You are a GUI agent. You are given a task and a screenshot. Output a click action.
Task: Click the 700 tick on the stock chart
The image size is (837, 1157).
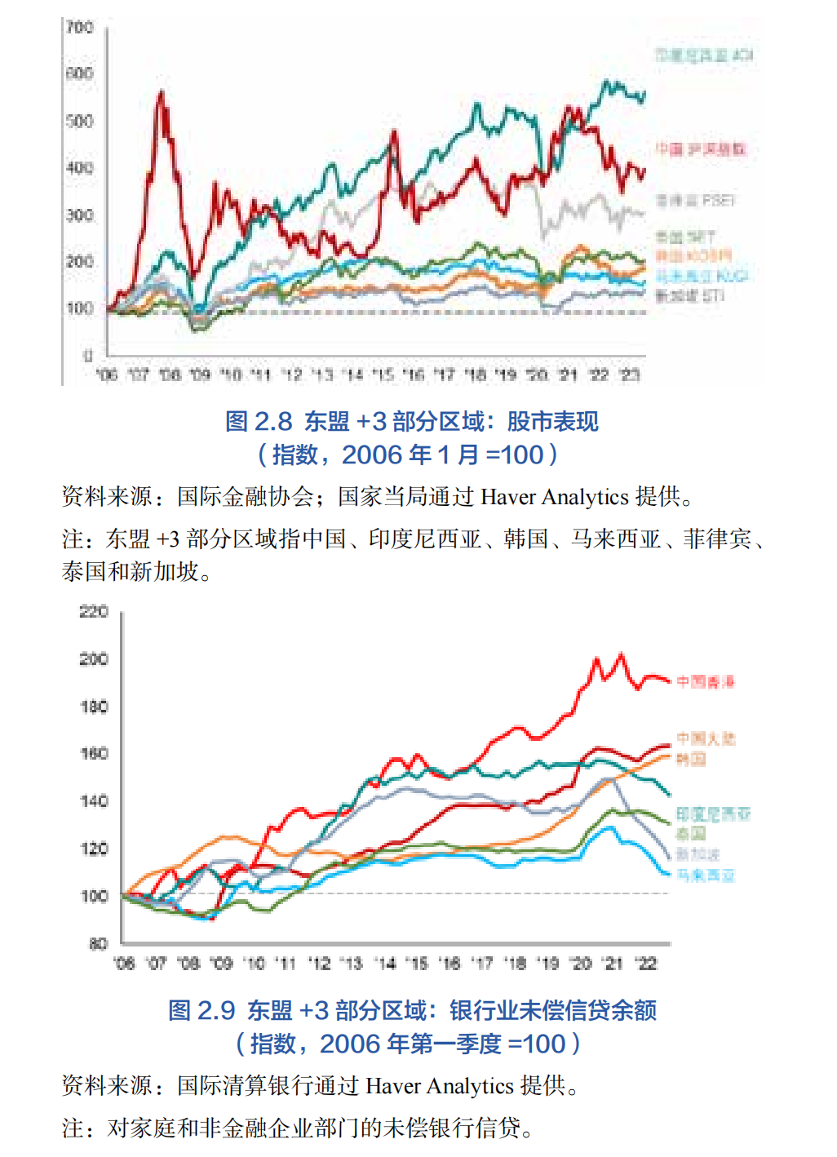(x=80, y=28)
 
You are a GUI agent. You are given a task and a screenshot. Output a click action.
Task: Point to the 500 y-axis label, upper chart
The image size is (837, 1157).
(x=80, y=122)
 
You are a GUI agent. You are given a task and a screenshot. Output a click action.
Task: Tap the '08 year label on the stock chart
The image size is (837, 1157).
(x=170, y=375)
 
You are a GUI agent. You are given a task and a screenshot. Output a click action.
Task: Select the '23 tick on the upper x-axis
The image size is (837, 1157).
(x=629, y=375)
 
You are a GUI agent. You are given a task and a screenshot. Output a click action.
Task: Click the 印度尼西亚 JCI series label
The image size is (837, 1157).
(x=703, y=55)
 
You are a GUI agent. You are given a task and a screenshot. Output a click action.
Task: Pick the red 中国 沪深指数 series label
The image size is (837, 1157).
(x=701, y=149)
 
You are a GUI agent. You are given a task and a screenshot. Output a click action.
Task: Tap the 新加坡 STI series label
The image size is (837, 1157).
(x=689, y=295)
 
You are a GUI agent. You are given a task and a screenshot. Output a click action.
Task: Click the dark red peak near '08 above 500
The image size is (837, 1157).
(x=161, y=94)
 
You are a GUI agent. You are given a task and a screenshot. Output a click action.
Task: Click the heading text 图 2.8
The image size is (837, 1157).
(x=258, y=422)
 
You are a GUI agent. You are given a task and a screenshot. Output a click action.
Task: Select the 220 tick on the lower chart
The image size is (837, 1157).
(x=94, y=612)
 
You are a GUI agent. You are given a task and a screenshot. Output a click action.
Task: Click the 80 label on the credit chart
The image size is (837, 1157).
(x=98, y=944)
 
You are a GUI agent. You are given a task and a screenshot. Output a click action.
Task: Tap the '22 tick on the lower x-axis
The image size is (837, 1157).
(x=647, y=964)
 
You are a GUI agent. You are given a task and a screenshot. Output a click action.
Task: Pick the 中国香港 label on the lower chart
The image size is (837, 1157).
(x=706, y=681)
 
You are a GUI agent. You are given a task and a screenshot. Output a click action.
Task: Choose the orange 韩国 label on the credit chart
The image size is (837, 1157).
(x=691, y=760)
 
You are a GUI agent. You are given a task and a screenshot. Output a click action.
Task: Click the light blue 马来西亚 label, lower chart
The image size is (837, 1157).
(x=706, y=876)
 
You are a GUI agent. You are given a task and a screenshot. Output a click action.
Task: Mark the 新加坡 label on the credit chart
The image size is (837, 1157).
(x=697, y=854)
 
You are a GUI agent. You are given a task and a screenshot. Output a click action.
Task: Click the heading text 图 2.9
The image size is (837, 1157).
(x=201, y=1011)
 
